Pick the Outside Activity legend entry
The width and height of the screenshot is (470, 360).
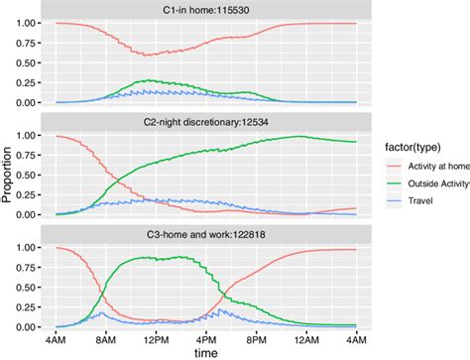pyautogui.click(x=431, y=183)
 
